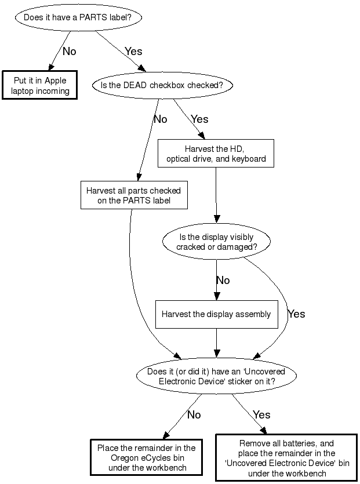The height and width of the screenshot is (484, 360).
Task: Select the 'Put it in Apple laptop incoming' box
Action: tap(41, 86)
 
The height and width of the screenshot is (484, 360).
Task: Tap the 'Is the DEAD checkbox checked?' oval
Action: tap(162, 85)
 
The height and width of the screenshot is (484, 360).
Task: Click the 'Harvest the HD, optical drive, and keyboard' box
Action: tap(216, 154)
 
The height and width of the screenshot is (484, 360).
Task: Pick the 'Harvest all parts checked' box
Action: tap(133, 195)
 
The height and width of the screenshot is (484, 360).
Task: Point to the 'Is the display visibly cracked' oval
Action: tap(216, 242)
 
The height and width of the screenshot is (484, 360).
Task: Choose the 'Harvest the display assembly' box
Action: tap(216, 314)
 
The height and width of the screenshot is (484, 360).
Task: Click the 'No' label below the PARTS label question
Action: tap(69, 52)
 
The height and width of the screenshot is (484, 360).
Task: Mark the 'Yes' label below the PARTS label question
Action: tap(133, 52)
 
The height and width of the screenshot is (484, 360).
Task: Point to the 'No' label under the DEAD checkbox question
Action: tap(160, 119)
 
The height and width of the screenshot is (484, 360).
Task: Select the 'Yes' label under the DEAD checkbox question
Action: tap(199, 119)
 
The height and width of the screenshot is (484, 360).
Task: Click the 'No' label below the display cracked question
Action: tap(223, 281)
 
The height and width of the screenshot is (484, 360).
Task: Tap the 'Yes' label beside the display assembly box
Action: tap(296, 314)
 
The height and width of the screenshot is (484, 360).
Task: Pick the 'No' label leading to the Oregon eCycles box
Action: tap(194, 415)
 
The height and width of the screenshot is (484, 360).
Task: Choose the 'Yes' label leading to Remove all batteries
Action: tap(262, 415)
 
